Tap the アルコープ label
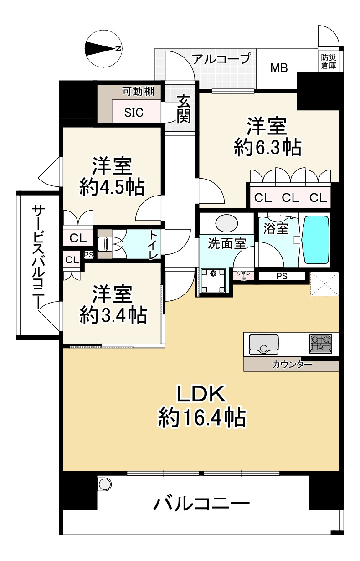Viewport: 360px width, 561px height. click(x=221, y=59)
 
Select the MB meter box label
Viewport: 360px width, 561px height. click(x=278, y=69)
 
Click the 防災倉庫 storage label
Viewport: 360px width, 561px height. click(x=328, y=62)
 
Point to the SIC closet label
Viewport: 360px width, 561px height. click(x=134, y=113)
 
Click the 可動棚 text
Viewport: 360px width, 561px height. click(x=138, y=92)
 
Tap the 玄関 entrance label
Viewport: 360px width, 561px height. click(x=183, y=109)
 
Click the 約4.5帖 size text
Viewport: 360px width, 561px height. click(x=112, y=186)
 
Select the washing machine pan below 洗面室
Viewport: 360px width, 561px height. click(x=213, y=281)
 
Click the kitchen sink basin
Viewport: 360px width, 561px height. click(x=263, y=344)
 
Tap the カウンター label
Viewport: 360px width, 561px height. click(x=292, y=365)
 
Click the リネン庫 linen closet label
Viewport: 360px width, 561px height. click(x=241, y=275)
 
